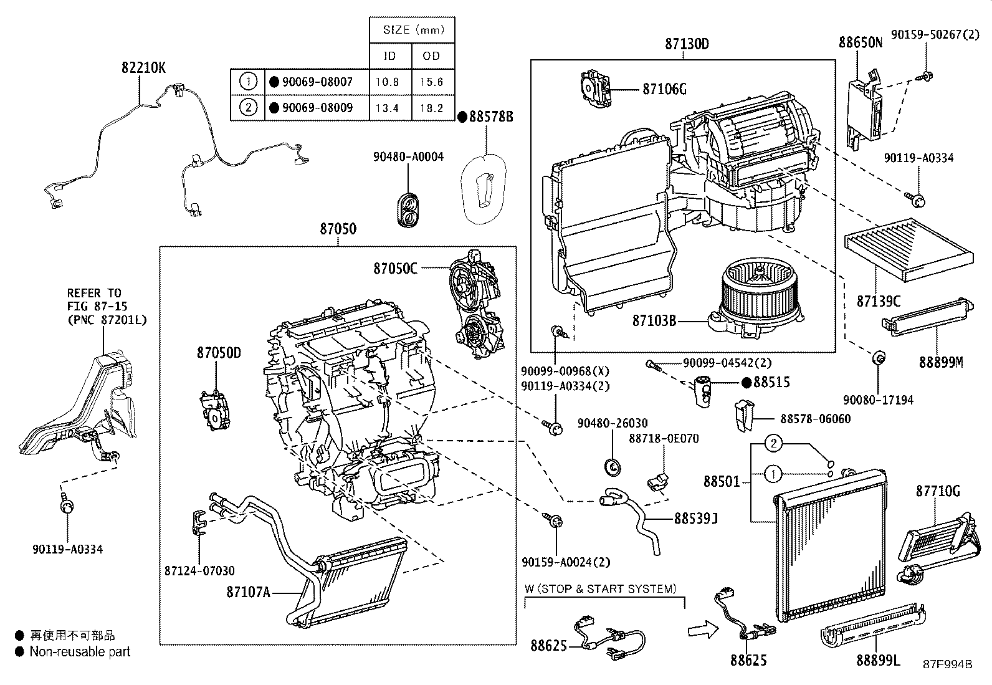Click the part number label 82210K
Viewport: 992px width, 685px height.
tap(143, 68)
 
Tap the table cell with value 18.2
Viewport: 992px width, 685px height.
tap(432, 108)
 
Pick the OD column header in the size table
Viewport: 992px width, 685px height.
tap(432, 56)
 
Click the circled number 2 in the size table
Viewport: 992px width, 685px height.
tap(248, 108)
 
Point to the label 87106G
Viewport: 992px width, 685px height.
tap(664, 90)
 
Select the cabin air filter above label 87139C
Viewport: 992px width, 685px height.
tap(909, 249)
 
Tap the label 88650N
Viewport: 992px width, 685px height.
tap(861, 42)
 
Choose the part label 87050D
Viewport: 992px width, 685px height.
tap(219, 353)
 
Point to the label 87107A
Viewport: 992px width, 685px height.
tap(248, 592)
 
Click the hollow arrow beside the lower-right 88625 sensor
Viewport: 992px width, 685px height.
tap(703, 629)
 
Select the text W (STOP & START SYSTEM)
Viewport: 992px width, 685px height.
tap(601, 589)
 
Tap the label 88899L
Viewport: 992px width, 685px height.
tap(878, 661)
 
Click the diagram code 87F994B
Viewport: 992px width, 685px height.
tap(947, 664)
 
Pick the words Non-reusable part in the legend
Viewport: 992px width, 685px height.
tap(80, 652)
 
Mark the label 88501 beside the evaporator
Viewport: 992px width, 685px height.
tap(722, 482)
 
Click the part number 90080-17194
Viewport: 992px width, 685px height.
tap(878, 400)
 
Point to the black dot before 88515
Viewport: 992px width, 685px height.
tap(746, 383)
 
